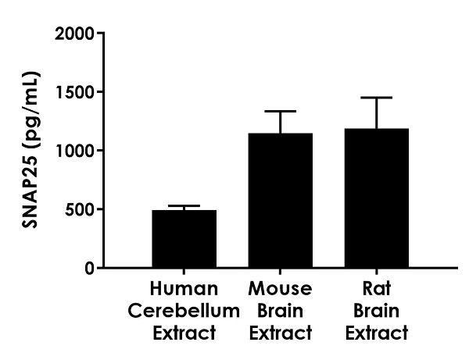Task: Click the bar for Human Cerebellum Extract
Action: [x=184, y=239]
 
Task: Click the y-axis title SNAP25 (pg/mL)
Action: [x=32, y=150]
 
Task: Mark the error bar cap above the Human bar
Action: [x=184, y=205]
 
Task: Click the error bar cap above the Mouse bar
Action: [x=280, y=111]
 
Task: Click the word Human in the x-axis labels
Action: [x=184, y=290]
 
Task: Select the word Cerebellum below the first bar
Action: [x=184, y=311]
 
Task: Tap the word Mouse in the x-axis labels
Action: [x=280, y=290]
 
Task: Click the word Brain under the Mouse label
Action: [x=280, y=311]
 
